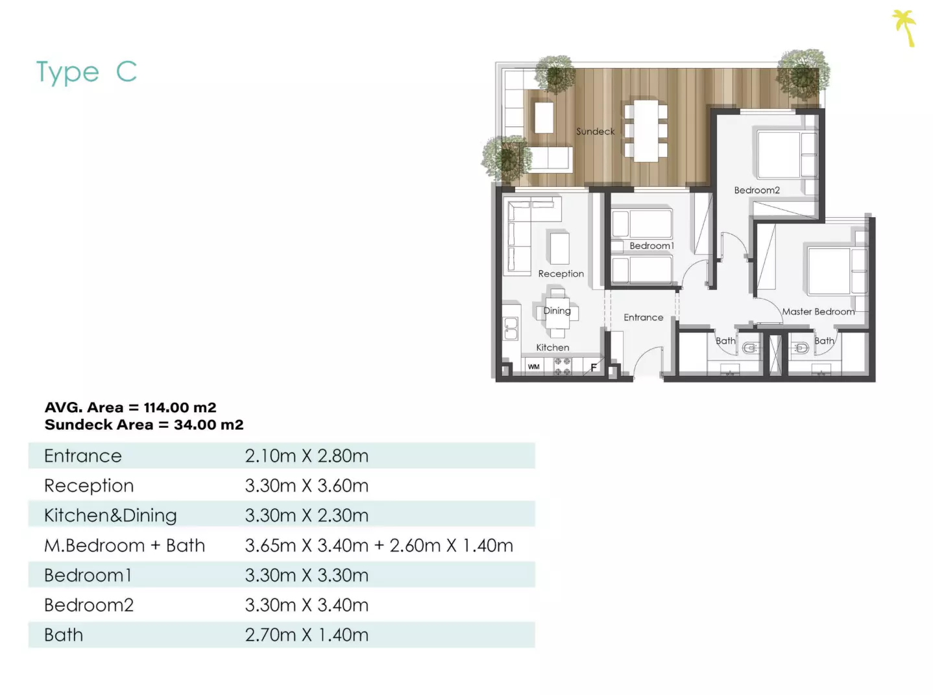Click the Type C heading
click(x=87, y=72)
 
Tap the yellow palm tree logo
click(x=904, y=28)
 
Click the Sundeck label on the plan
click(x=595, y=132)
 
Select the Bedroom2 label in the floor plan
click(x=757, y=190)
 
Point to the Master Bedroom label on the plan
click(x=818, y=312)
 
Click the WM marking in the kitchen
click(x=533, y=366)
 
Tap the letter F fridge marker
click(x=594, y=367)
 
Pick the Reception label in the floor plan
click(x=561, y=274)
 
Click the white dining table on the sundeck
click(x=646, y=131)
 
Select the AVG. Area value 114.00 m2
click(x=180, y=408)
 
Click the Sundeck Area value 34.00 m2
click(x=209, y=425)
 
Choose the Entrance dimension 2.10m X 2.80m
click(x=306, y=456)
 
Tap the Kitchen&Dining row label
click(x=110, y=515)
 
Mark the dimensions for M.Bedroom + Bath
click(x=379, y=545)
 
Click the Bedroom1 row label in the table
click(x=88, y=575)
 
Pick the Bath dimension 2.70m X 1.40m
click(x=306, y=635)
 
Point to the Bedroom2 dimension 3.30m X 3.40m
click(x=306, y=605)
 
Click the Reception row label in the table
click(x=89, y=486)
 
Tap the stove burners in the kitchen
click(x=563, y=366)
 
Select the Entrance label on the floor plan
click(x=643, y=318)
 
